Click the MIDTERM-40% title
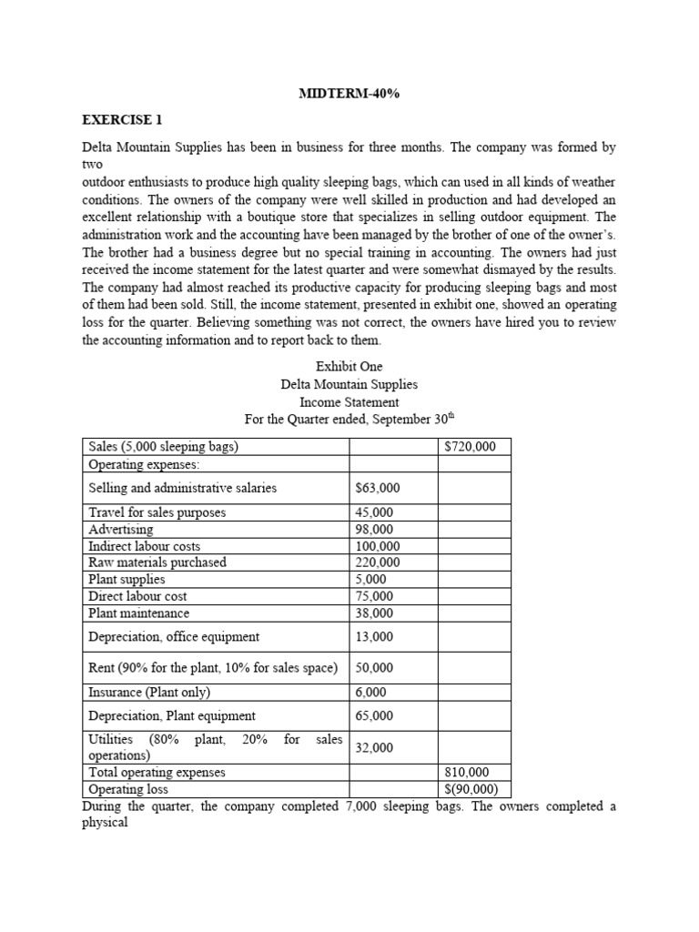[x=349, y=94]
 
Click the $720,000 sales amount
[x=470, y=447]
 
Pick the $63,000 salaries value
[x=377, y=488]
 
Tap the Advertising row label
[x=120, y=529]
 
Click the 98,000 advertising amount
[x=374, y=529]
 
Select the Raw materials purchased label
[x=157, y=562]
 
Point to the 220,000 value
[x=377, y=562]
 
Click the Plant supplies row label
[x=127, y=579]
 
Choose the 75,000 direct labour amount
[x=374, y=596]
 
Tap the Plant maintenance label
[x=138, y=613]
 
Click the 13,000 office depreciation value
[x=374, y=636]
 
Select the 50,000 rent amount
[x=374, y=667]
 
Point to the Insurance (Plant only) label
[x=148, y=692]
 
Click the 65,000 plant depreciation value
[x=374, y=715]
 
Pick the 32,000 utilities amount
[x=374, y=747]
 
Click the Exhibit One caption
[x=349, y=367]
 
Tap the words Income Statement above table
[x=349, y=401]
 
